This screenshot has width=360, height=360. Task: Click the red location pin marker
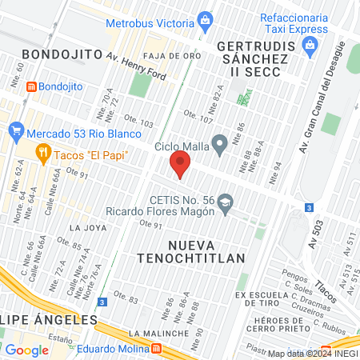(180, 167)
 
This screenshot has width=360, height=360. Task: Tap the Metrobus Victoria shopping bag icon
(205, 18)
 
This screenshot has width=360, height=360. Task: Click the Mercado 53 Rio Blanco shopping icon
(16, 133)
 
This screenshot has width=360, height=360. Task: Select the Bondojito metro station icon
(31, 86)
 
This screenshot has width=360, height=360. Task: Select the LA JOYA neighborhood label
(87, 227)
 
